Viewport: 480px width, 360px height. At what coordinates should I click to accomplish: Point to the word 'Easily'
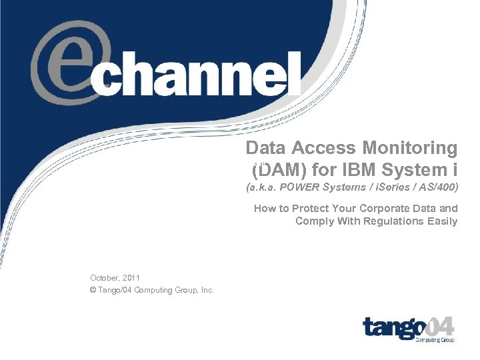click(x=442, y=221)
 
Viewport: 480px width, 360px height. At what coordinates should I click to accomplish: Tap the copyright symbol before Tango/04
click(x=93, y=290)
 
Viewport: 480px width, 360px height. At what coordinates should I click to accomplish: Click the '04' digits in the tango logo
click(x=440, y=327)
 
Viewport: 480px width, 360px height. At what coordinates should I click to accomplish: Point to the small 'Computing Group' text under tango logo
click(x=435, y=340)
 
